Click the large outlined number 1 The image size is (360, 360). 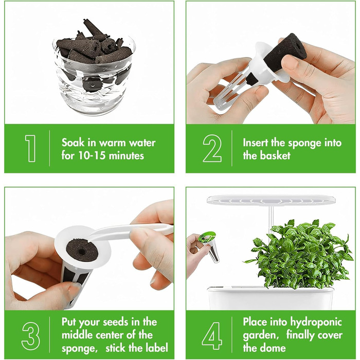[31, 148]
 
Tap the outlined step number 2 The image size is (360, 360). [212, 148]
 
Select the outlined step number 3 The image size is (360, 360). [30, 336]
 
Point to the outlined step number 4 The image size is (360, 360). [212, 336]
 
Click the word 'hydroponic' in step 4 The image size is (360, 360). [316, 322]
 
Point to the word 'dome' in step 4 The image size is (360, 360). [274, 348]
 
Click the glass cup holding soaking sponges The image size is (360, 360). [94, 76]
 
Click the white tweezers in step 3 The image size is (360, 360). [131, 232]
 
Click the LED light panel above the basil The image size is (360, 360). [271, 200]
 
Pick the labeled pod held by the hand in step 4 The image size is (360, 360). [209, 246]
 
